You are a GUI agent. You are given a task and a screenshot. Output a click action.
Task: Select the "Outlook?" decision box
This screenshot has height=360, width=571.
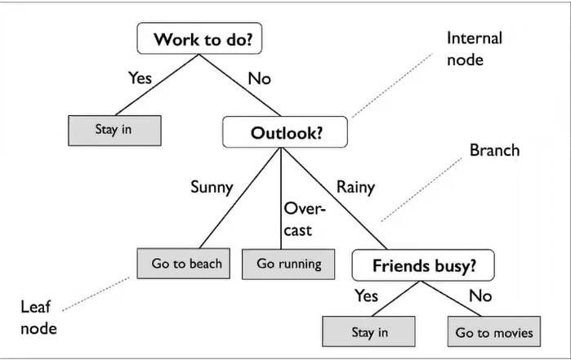pos(286,131)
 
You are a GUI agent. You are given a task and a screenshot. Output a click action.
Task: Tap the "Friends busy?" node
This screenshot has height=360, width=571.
pos(424,264)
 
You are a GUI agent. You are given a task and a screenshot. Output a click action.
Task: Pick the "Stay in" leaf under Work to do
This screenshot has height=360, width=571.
pos(114,130)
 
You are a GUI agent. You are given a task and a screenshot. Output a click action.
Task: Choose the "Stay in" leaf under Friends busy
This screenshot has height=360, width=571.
pos(369,332)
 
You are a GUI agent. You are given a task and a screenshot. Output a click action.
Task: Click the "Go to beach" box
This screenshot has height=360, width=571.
pos(185,264)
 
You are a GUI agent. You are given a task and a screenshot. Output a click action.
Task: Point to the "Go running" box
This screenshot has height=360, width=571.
pos(288,264)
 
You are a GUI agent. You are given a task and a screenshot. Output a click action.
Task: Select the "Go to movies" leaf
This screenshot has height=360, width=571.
pos(493,332)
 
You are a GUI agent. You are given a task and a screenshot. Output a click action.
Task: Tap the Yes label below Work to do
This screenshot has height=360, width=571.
pos(141,78)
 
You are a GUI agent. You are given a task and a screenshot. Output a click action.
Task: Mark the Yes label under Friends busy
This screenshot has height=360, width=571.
pos(366,295)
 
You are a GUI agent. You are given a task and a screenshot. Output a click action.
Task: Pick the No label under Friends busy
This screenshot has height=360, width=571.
pos(480,295)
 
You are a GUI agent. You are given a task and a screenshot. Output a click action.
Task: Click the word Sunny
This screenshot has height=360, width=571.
pos(212,187)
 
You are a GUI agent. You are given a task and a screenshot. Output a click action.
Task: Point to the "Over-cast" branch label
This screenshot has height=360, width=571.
pos(304,219)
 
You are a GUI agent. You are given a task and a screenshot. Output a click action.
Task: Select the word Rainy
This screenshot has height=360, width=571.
pos(355,187)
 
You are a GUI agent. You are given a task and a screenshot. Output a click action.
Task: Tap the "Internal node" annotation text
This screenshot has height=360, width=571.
pos(474,49)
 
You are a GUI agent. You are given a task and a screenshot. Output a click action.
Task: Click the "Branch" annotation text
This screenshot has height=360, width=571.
pos(494,151)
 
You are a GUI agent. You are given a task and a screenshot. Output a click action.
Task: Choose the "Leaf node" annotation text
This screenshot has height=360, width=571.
pos(38,317)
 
